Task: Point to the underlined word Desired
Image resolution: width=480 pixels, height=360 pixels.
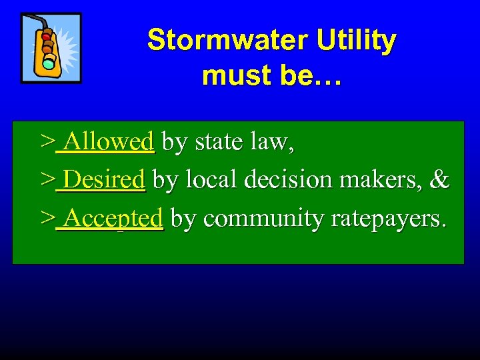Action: [105, 179]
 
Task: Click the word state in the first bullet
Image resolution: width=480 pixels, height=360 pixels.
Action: [217, 141]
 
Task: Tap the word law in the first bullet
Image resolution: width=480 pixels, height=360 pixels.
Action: [270, 141]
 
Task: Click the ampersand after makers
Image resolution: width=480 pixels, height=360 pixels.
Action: [439, 179]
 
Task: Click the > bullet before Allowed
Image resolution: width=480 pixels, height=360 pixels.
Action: [47, 141]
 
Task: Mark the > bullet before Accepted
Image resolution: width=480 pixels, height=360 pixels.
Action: [47, 218]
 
